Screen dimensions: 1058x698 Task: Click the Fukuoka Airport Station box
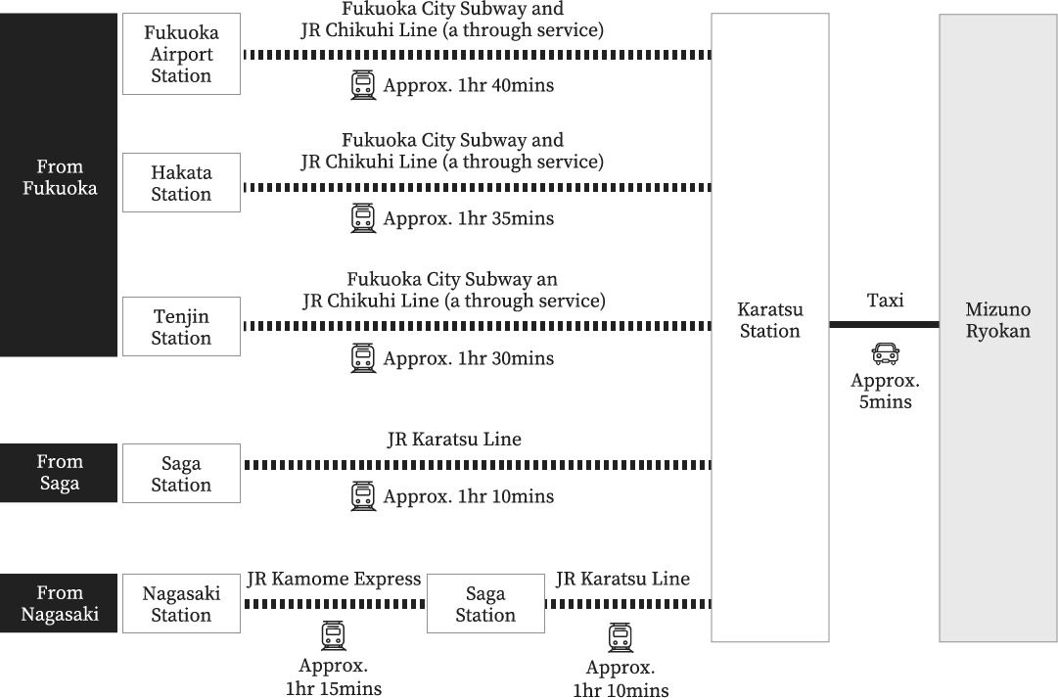coord(181,54)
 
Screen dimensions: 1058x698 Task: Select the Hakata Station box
coord(181,183)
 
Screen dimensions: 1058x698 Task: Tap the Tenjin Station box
coord(181,327)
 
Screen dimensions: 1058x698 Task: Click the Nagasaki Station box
coord(181,603)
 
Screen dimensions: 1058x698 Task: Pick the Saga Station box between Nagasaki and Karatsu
coord(485,603)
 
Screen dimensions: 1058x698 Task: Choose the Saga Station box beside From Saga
coord(181,473)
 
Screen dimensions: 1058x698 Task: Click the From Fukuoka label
coord(60,177)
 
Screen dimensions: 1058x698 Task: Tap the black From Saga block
coord(59,473)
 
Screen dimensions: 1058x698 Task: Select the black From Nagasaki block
coord(59,603)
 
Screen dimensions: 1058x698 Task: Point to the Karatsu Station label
coord(770,320)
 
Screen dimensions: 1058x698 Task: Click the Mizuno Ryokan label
coord(998,320)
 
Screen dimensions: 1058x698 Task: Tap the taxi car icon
coord(886,353)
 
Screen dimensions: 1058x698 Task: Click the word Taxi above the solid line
coord(886,301)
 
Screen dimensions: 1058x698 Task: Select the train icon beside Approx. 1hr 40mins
coord(363,86)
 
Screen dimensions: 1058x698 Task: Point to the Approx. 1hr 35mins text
coord(468,218)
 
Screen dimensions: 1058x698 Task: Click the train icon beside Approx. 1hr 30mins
coord(363,358)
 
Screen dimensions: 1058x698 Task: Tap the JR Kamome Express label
coord(334,580)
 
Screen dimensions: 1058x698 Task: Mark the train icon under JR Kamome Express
coord(333,636)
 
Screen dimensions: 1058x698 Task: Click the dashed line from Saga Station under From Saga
coord(478,465)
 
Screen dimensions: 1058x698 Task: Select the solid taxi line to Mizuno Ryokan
coord(884,325)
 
